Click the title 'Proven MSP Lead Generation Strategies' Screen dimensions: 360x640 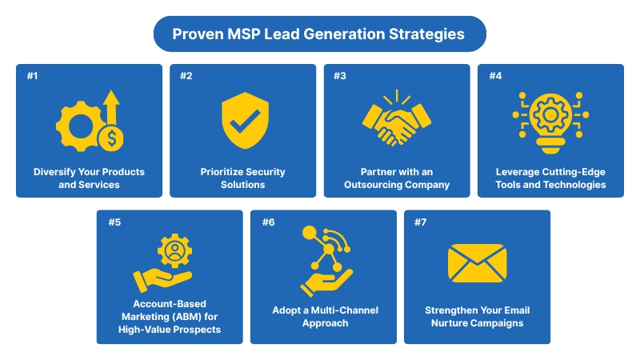coord(319,34)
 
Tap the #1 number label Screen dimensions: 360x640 coord(32,76)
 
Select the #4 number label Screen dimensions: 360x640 coord(494,76)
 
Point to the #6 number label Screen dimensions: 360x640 coord(268,222)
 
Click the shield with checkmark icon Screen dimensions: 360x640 coord(243,121)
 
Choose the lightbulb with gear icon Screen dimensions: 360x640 coord(550,122)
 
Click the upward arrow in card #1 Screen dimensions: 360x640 coord(110,105)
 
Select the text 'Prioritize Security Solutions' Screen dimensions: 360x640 coord(243,178)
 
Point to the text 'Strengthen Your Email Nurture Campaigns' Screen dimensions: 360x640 coord(477,317)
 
